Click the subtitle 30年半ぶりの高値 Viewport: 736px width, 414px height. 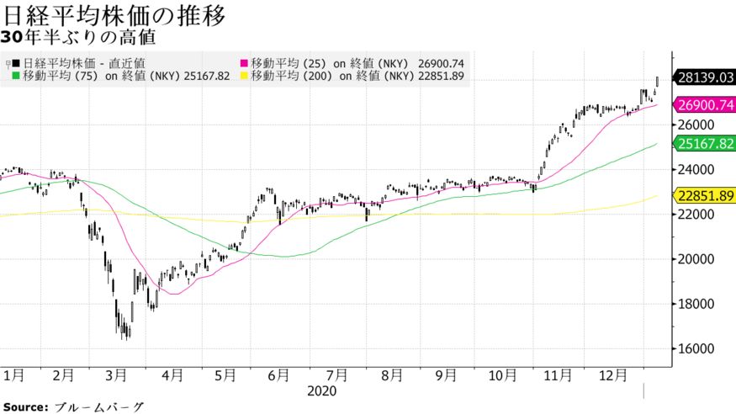78,38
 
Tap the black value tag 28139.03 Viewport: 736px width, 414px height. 705,78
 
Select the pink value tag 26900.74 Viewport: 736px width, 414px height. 705,104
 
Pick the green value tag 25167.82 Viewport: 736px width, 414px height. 705,144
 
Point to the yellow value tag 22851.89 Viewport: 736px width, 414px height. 705,195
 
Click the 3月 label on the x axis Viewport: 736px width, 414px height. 118,374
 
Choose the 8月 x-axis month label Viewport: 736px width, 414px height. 391,374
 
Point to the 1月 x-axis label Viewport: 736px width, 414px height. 13,374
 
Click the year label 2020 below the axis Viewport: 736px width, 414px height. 322,391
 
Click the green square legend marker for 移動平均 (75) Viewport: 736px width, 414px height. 17,76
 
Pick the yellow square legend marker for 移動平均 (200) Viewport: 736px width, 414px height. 245,76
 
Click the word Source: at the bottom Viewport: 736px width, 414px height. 24,406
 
